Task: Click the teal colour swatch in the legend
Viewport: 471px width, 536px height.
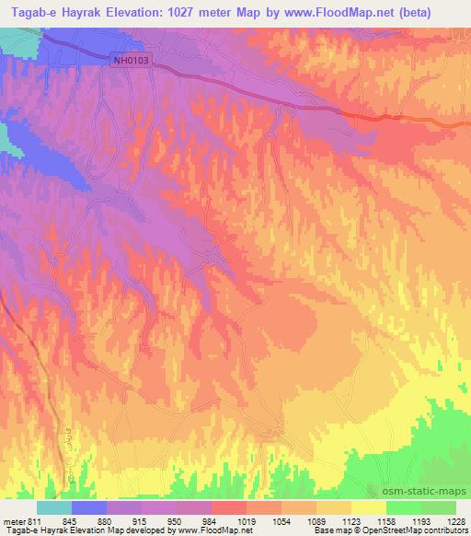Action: [54, 507]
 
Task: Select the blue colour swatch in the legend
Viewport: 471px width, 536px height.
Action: [89, 507]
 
